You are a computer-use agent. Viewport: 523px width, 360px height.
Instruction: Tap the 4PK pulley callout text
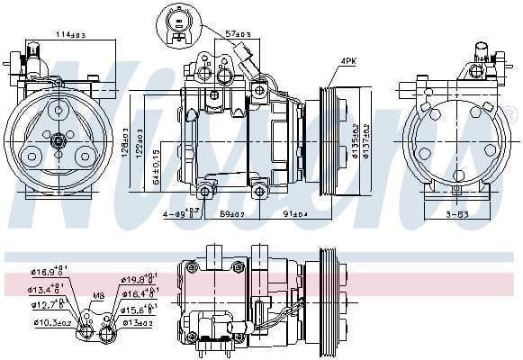(x=347, y=61)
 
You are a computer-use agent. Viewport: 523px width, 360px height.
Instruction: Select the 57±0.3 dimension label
(x=240, y=32)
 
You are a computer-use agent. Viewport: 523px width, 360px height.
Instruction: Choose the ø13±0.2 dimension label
(x=137, y=321)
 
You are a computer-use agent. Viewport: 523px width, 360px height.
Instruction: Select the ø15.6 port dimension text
(x=138, y=309)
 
